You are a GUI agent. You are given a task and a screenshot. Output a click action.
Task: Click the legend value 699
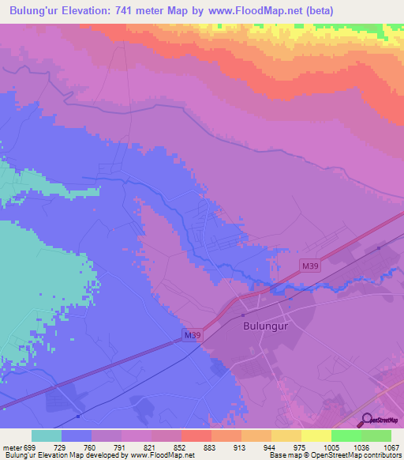click(x=32, y=447)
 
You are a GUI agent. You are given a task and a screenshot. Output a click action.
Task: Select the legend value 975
click(x=301, y=447)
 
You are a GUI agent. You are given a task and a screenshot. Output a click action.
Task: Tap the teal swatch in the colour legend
click(x=47, y=435)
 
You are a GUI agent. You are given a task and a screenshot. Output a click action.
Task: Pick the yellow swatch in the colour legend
click(x=316, y=435)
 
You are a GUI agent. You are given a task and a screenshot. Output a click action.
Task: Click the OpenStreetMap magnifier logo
click(x=365, y=420)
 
